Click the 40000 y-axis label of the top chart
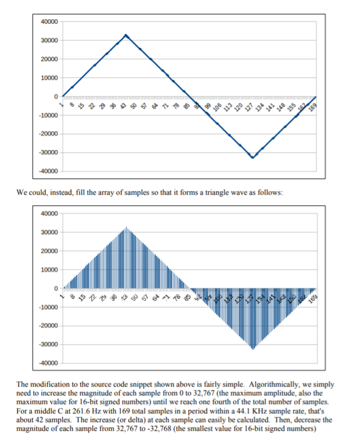[x=49, y=21]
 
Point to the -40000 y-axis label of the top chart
[x=48, y=171]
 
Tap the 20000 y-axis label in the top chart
[x=49, y=59]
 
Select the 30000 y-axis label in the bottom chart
[x=49, y=232]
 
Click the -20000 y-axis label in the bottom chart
[x=48, y=325]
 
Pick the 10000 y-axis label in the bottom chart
[x=49, y=270]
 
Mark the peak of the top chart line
[x=126, y=35]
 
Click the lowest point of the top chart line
[x=252, y=157]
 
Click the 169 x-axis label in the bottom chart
[x=313, y=299]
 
